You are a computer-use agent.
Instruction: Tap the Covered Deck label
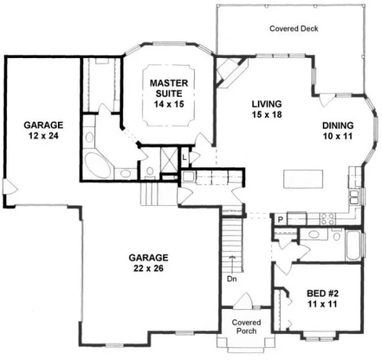pyautogui.click(x=293, y=28)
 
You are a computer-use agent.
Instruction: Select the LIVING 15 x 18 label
pyautogui.click(x=266, y=108)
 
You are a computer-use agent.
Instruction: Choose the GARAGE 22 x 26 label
pyautogui.click(x=148, y=262)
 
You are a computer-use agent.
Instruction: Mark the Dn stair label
pyautogui.click(x=231, y=280)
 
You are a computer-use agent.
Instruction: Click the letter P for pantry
pyautogui.click(x=280, y=220)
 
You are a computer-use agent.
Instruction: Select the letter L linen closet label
pyautogui.click(x=185, y=157)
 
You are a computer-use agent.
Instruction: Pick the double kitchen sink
pyautogui.click(x=354, y=195)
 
